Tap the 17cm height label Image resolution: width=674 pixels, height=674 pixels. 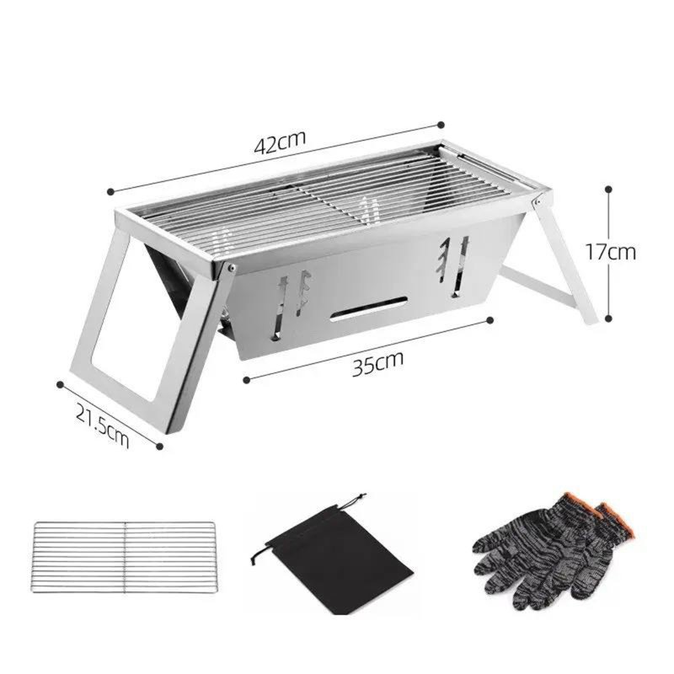pyautogui.click(x=613, y=252)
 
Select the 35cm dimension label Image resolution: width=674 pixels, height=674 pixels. pyautogui.click(x=377, y=362)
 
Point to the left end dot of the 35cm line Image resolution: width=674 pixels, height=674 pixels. pyautogui.click(x=245, y=380)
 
